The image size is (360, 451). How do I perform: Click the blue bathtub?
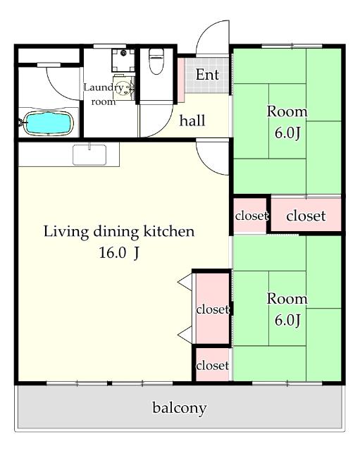[x=49, y=123]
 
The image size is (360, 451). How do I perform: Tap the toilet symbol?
[x=156, y=61]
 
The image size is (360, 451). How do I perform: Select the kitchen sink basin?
[x=89, y=155]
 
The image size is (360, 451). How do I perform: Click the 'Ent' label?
[x=207, y=75]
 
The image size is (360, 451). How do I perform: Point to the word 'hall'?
[x=192, y=121]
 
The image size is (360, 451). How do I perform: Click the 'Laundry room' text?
[x=104, y=94]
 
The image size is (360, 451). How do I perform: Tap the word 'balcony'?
[x=179, y=408]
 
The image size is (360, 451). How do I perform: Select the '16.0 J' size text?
[x=119, y=253]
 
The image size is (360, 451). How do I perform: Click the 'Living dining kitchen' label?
[x=119, y=232]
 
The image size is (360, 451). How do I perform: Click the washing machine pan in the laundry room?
[x=123, y=60]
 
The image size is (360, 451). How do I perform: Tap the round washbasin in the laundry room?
[x=124, y=87]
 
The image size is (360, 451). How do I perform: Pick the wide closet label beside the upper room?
[x=306, y=216]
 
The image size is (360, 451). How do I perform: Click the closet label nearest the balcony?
[x=213, y=366]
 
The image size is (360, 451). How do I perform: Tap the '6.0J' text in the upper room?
[x=287, y=133]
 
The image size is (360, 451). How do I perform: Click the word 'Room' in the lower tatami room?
[x=287, y=299]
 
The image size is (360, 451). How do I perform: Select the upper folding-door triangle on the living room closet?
[x=185, y=282]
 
